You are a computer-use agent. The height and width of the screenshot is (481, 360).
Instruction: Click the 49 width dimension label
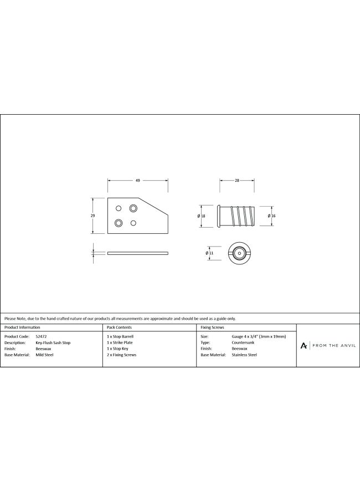138,181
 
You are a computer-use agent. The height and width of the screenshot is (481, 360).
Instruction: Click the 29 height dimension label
92,216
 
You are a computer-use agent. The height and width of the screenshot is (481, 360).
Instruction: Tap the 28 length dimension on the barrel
236,181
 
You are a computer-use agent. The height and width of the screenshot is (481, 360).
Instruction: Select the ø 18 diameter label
201,216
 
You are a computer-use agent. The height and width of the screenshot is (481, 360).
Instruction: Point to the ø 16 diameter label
272,216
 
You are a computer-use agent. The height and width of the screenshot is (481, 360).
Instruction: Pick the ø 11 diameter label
209,253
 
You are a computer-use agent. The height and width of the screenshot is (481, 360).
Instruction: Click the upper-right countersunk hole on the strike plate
133,208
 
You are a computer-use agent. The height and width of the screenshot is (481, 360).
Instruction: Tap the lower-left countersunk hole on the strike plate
118,223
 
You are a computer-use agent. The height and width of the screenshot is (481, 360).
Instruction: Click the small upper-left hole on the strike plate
119,208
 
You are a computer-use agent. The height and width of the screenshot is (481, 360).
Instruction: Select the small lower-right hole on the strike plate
133,223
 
